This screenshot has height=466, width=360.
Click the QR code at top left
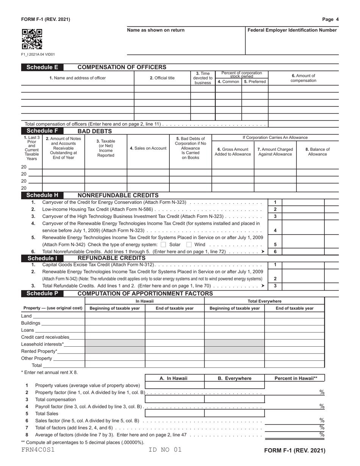click(x=32, y=39)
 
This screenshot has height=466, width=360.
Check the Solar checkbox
click(x=163, y=244)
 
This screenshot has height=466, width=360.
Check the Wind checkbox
click(x=189, y=244)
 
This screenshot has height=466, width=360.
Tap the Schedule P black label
click(x=42, y=294)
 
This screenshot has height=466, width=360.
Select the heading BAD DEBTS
click(x=94, y=131)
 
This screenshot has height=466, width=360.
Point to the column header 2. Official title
click(x=162, y=78)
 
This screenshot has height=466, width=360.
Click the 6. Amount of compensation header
click(x=303, y=78)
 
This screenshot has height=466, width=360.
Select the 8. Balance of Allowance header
click(x=317, y=152)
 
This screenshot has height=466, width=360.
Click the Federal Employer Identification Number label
click(x=292, y=30)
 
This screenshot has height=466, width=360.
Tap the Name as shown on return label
click(x=156, y=30)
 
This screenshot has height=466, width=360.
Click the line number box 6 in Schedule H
click(x=275, y=252)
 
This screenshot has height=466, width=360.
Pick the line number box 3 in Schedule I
click(x=275, y=286)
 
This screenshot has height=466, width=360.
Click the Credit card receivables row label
click(x=45, y=337)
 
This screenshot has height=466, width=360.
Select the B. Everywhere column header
click(x=234, y=378)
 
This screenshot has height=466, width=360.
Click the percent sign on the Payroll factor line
click(x=322, y=407)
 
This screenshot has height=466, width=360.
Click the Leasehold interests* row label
click(x=42, y=344)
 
